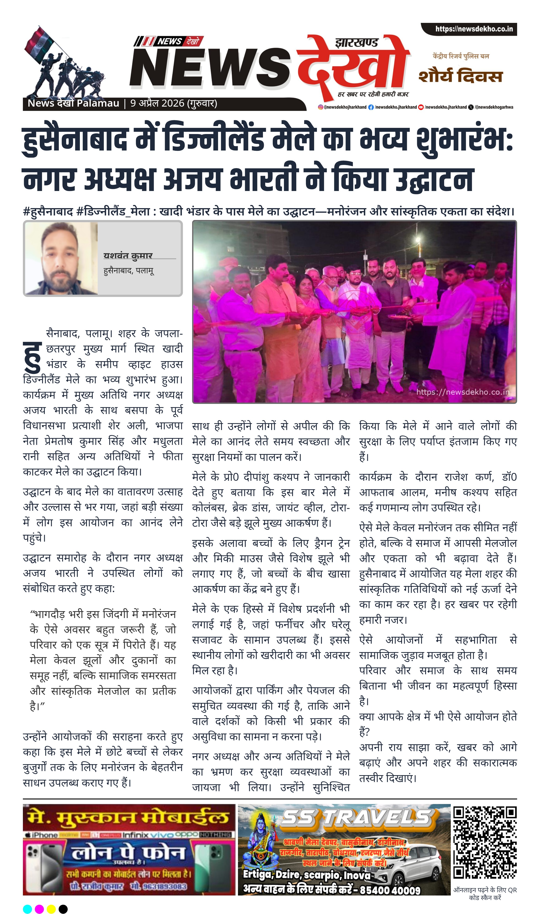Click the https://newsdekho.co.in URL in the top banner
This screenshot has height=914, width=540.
coord(474,29)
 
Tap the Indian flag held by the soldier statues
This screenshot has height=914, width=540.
coord(39,43)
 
